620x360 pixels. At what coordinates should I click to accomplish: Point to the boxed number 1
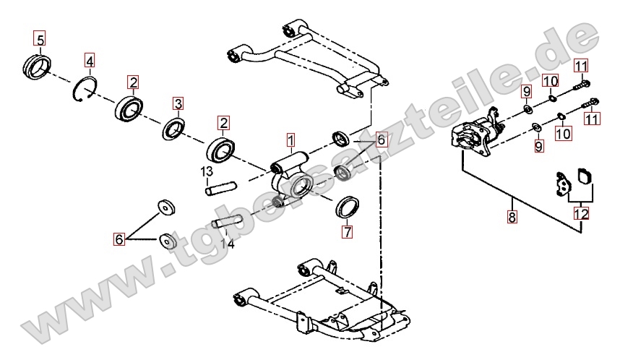[x=290, y=138]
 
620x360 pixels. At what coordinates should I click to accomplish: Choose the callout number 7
[x=348, y=232]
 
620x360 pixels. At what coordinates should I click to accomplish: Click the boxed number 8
[x=512, y=216]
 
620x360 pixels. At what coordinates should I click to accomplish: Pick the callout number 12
[x=581, y=214]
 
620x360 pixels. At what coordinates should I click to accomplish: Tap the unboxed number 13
[x=207, y=171]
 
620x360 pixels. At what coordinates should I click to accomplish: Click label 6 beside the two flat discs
[x=120, y=238]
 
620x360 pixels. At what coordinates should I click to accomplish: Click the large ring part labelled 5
[x=38, y=65]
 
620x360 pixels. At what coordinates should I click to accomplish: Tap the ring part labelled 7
[x=350, y=206]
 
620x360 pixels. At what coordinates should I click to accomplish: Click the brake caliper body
[x=474, y=136]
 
